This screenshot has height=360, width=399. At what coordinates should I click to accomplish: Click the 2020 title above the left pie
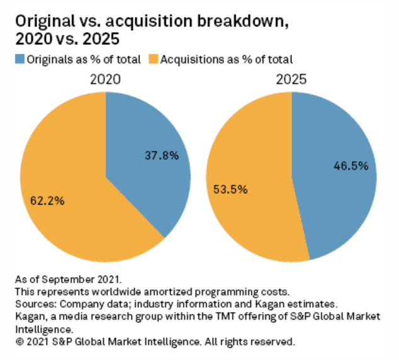[105, 81]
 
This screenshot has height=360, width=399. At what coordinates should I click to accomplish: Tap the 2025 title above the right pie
[291, 81]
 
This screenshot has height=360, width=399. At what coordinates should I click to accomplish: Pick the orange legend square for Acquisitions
[152, 59]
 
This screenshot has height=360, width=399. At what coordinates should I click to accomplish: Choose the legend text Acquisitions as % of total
[226, 59]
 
